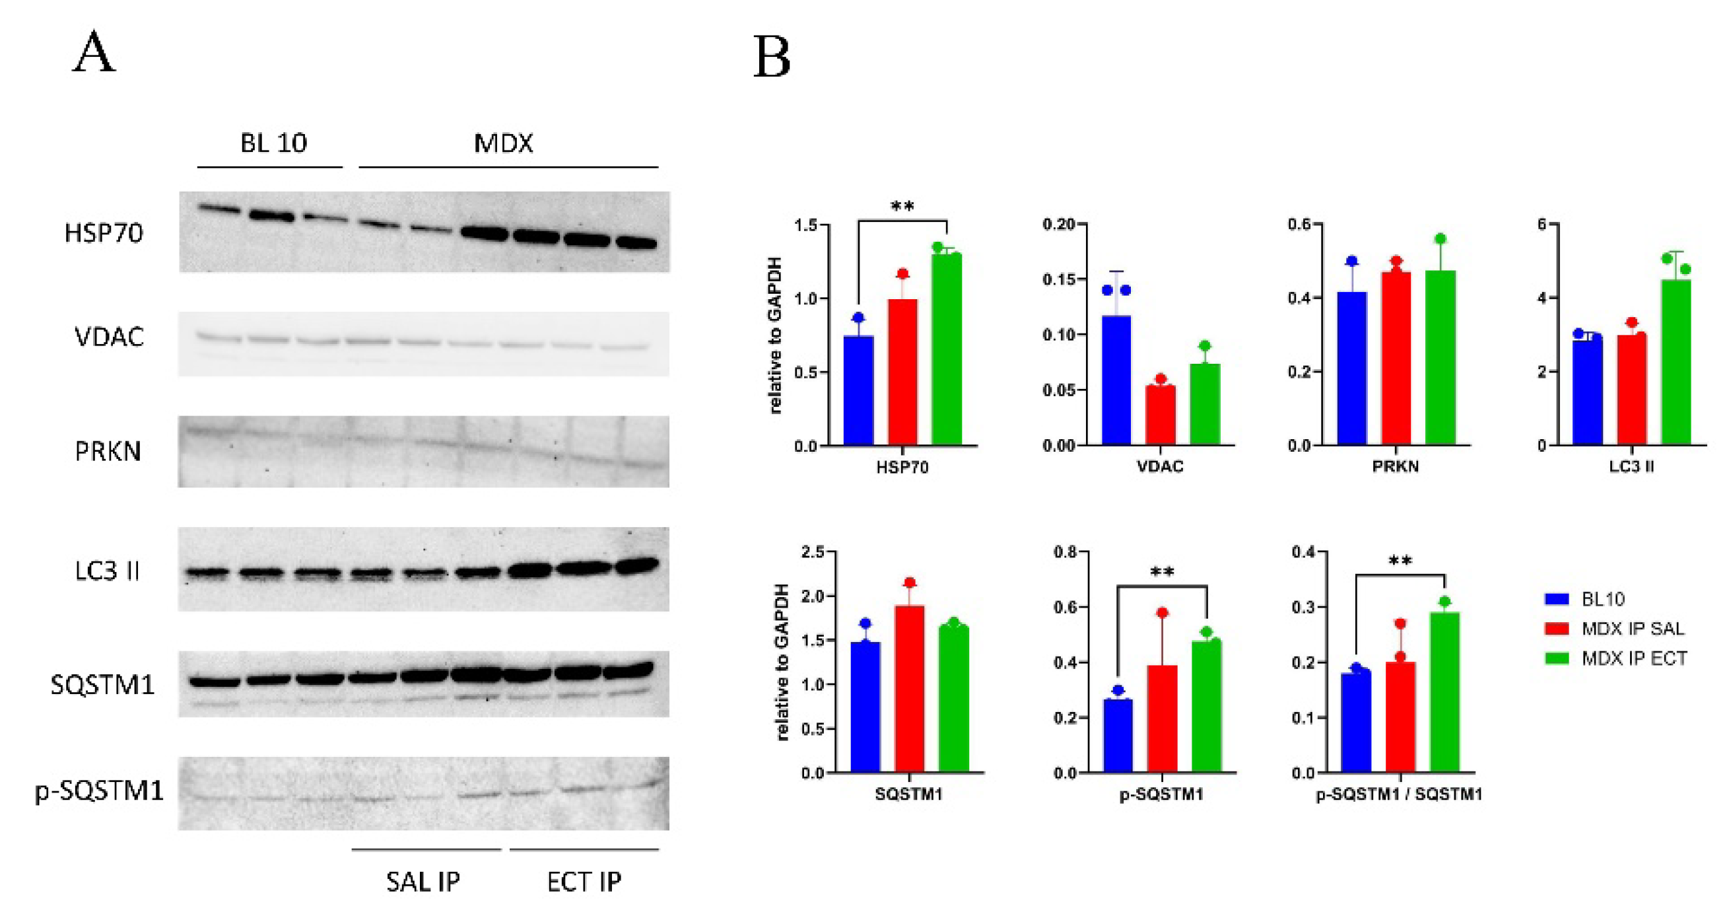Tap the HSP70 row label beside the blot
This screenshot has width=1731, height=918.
pyautogui.click(x=104, y=233)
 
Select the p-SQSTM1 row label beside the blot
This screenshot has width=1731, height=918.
pyautogui.click(x=100, y=791)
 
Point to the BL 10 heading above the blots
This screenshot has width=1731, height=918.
pyautogui.click(x=273, y=143)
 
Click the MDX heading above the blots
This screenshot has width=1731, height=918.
pyautogui.click(x=503, y=143)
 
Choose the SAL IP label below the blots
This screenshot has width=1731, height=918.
pyautogui.click(x=423, y=882)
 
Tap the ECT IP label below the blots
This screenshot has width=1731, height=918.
pyautogui.click(x=584, y=882)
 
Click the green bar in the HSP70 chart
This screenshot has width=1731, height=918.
pyautogui.click(x=947, y=349)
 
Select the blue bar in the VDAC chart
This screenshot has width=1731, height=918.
pyautogui.click(x=1116, y=380)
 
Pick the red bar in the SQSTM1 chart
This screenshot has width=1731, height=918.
pyautogui.click(x=909, y=689)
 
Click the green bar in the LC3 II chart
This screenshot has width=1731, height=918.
pyautogui.click(x=1676, y=363)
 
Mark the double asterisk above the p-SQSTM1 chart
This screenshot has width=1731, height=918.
pyautogui.click(x=1162, y=573)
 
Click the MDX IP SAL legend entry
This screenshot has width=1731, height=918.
pyautogui.click(x=1632, y=629)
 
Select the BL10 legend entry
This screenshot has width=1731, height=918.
pyautogui.click(x=1602, y=599)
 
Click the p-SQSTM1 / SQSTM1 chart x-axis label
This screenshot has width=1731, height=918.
pyautogui.click(x=1399, y=794)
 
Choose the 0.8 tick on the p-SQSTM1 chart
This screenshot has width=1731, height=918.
pyautogui.click(x=1064, y=552)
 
